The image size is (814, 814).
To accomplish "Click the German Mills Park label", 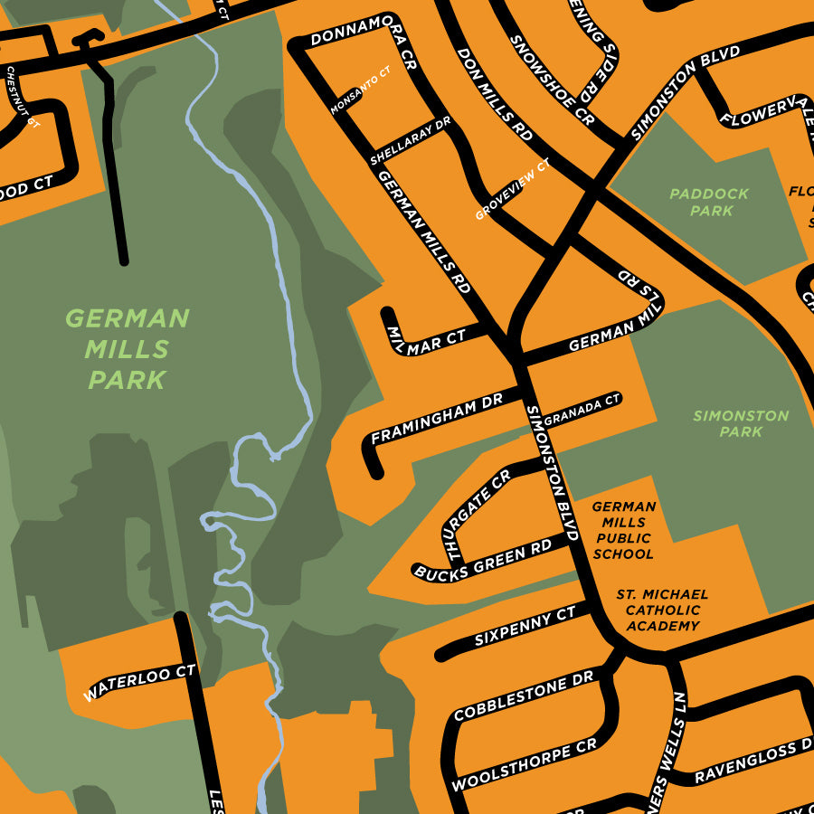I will click(x=128, y=348).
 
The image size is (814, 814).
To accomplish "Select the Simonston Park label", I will click(x=741, y=423).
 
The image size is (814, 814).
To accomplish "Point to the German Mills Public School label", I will click(x=623, y=531).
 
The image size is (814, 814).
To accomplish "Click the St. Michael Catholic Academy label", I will click(x=661, y=610).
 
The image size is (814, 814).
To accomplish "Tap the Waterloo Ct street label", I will click(x=139, y=684).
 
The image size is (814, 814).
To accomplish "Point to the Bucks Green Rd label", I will click(x=483, y=561).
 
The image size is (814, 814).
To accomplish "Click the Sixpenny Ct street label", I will click(x=525, y=628).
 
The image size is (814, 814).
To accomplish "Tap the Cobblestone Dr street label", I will click(x=524, y=696).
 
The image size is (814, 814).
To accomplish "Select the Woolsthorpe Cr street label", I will click(x=524, y=765).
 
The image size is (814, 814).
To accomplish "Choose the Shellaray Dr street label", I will click(x=410, y=141).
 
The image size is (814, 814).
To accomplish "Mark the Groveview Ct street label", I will click(x=513, y=190).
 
